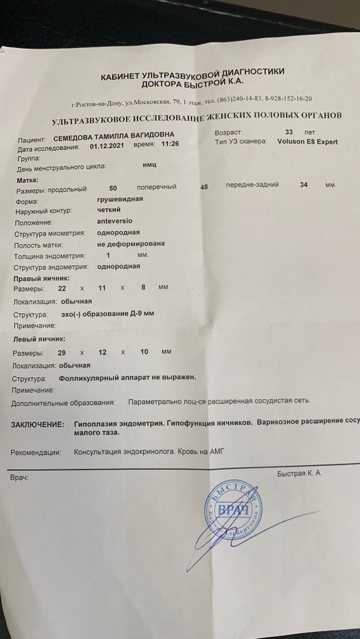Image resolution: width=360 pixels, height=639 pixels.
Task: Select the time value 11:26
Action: click(x=171, y=145)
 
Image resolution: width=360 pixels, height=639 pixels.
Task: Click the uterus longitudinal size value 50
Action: click(x=113, y=189)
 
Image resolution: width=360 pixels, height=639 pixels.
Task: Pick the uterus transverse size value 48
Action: click(x=204, y=187)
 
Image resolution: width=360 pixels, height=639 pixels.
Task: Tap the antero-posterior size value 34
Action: click(x=304, y=185)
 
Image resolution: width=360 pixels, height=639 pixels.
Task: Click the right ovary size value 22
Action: click(x=62, y=288)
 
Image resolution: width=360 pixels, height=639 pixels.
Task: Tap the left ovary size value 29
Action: click(x=61, y=352)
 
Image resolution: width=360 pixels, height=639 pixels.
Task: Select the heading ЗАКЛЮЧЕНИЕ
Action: click(x=37, y=424)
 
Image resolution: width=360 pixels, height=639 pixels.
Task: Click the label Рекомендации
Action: click(x=36, y=452)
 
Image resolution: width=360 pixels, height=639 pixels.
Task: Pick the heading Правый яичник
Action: click(x=42, y=277)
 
